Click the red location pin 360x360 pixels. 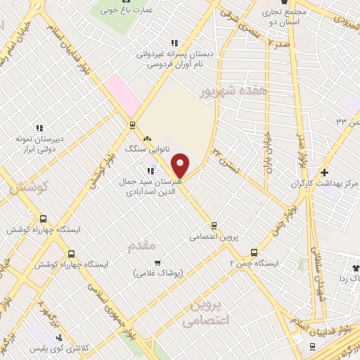click(181, 165)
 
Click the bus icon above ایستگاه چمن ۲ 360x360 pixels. click(254, 252)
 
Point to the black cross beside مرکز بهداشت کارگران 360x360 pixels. click(324, 172)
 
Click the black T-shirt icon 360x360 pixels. click(354, 268)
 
